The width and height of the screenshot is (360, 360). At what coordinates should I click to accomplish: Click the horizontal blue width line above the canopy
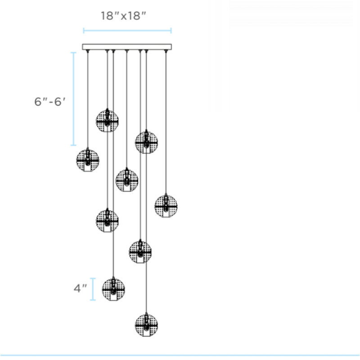tap(127, 31)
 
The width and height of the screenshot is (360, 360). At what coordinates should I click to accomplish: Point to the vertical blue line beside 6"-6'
tap(74, 99)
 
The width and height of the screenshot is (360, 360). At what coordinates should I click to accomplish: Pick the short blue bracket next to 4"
tap(93, 289)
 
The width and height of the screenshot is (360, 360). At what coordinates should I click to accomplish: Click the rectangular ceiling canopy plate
tap(127, 46)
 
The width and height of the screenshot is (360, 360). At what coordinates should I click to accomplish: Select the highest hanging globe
tap(107, 120)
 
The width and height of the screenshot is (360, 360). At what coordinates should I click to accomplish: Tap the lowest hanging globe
tap(146, 324)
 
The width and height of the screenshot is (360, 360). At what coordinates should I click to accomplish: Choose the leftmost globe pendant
tap(88, 160)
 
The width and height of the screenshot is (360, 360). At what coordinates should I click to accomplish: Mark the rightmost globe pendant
tap(166, 206)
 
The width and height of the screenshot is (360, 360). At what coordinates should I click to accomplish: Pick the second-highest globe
tap(146, 142)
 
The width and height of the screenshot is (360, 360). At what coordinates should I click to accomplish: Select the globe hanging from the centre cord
tap(126, 180)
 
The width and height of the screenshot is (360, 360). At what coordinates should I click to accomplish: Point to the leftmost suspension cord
tap(87, 99)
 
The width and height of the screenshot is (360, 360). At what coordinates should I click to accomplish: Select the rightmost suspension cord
tap(166, 121)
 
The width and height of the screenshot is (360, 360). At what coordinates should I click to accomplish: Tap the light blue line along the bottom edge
tap(180, 355)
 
